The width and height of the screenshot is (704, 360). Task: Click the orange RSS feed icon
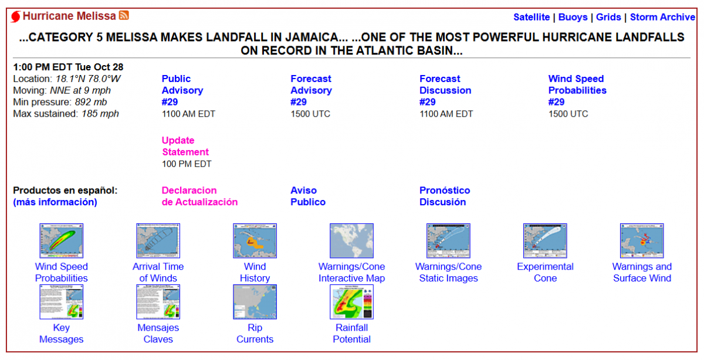(124, 15)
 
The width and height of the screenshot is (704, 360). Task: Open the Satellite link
(532, 17)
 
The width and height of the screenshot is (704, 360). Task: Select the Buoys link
(573, 17)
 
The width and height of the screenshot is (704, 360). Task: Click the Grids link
(608, 17)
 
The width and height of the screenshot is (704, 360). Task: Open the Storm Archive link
(662, 17)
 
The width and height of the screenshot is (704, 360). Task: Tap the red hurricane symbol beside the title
(16, 16)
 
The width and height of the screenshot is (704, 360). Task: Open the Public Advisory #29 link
(182, 90)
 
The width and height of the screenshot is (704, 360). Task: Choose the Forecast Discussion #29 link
(445, 90)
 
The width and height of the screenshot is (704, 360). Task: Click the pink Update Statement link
(185, 146)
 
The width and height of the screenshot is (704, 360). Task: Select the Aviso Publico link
(307, 196)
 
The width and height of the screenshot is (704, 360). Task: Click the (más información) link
(55, 202)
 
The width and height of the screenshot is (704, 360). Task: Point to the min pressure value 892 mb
(91, 102)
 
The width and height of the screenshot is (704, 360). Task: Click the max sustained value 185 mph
(100, 114)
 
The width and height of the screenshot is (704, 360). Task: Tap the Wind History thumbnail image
(255, 240)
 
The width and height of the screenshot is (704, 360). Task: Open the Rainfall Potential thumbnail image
(351, 302)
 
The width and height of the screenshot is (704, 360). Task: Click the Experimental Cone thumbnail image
(545, 240)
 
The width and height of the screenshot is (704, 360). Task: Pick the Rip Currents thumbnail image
(255, 302)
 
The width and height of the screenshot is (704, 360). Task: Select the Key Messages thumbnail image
(61, 302)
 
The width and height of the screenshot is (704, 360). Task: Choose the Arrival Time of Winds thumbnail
(158, 240)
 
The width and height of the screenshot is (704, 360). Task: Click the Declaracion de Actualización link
(199, 196)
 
